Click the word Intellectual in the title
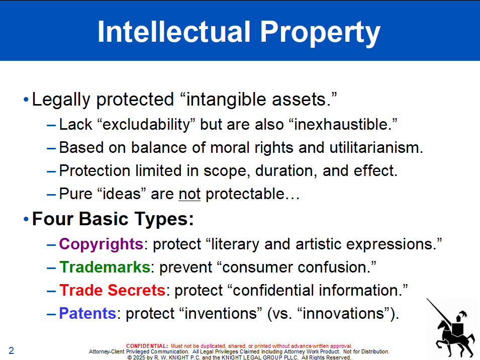pos(174,32)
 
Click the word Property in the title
pos(320,34)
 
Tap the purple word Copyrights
pos(101,244)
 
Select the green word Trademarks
pos(105,267)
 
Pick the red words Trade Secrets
pos(113,290)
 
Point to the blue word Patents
pos(87,313)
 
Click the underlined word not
pos(189,194)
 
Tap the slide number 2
pos(12,350)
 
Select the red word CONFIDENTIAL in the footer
pos(147,346)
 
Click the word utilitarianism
pos(376,147)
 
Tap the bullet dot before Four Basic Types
pos(26,219)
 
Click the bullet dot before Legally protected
pos(26,99)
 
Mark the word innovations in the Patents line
pos(343,313)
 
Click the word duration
pos(286,171)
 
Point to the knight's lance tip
pos(427,299)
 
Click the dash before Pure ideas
pos(51,195)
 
